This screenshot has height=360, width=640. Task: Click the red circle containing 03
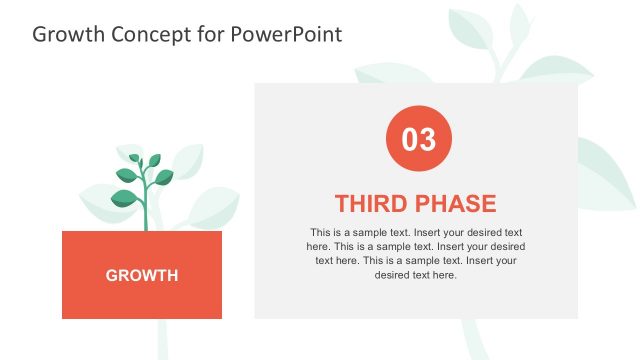[x=418, y=139]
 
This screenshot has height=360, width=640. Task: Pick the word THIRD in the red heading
[x=370, y=204]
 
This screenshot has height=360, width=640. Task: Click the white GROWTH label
[x=142, y=275]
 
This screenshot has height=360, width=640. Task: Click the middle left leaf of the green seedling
[x=127, y=174]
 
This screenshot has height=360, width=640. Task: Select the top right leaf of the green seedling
[x=154, y=159]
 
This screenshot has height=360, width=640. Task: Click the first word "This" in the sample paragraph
[x=320, y=231]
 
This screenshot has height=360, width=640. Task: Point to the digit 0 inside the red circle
[x=410, y=139]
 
